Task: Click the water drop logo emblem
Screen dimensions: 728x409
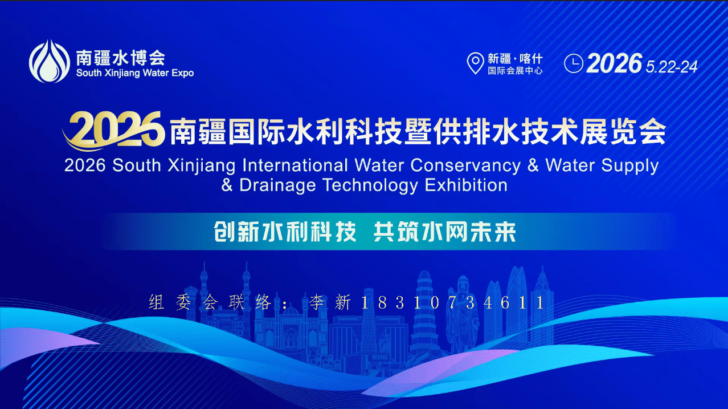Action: tap(50, 62)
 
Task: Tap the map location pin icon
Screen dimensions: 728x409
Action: tap(475, 63)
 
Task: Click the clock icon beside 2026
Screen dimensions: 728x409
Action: tap(573, 63)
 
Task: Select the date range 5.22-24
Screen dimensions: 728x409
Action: tap(672, 67)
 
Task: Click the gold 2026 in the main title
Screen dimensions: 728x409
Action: tap(114, 129)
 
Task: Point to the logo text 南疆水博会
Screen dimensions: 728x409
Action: tap(121, 58)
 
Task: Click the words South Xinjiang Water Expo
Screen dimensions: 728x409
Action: tap(135, 73)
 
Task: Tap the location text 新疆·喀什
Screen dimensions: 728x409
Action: tap(515, 59)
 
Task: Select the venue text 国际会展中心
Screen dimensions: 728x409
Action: tap(515, 71)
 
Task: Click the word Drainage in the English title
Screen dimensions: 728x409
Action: tap(277, 185)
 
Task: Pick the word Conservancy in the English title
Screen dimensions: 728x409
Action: tap(465, 165)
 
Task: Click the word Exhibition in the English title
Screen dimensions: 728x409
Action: tap(466, 185)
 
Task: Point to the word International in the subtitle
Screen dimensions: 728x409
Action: tap(295, 165)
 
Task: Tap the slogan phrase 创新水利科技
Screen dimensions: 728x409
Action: tap(285, 232)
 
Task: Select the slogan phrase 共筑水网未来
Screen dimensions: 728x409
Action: tap(444, 232)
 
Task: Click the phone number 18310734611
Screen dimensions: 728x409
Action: tap(452, 302)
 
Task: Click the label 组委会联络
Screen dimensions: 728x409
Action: tap(210, 302)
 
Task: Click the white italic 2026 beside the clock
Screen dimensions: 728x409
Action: tap(615, 63)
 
